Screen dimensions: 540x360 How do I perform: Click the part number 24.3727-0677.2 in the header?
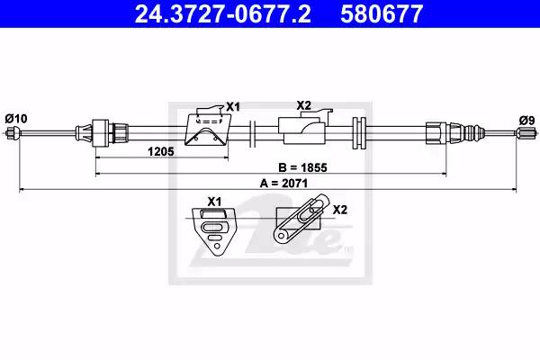tap(222, 13)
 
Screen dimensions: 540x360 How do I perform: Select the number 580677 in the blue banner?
tap(382, 13)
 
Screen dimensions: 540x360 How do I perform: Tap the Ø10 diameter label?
tap(16, 119)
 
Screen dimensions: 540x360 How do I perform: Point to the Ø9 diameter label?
tap(526, 121)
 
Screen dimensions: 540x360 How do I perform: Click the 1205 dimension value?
tap(161, 151)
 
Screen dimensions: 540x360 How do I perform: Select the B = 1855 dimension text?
tap(302, 167)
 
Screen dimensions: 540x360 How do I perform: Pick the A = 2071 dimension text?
tap(283, 183)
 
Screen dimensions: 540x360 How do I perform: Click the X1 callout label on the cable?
tap(233, 107)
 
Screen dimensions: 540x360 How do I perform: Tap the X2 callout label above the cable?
tap(304, 105)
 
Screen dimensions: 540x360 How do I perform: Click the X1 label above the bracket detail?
tap(214, 202)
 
